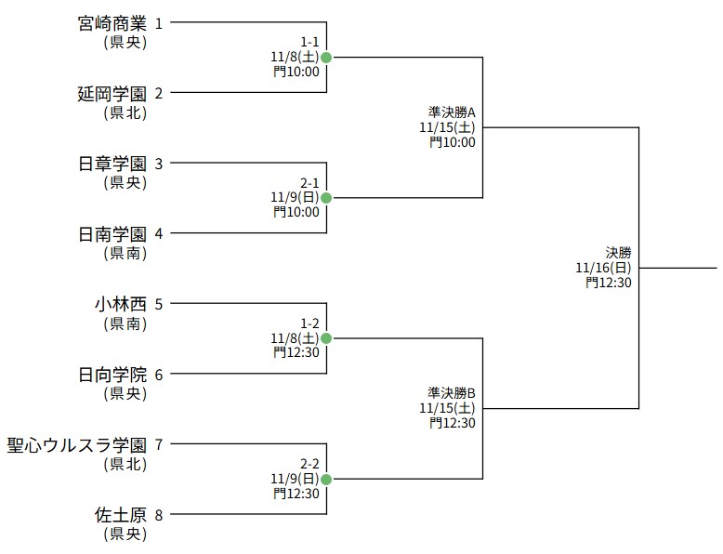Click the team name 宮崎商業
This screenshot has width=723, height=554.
tap(112, 23)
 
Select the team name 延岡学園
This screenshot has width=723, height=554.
tap(112, 93)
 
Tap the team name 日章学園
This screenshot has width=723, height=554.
tap(112, 164)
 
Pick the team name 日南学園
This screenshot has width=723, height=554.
tap(112, 233)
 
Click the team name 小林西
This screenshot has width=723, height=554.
tap(120, 304)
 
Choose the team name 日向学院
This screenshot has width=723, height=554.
tap(112, 375)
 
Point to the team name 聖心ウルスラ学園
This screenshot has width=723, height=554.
tap(76, 444)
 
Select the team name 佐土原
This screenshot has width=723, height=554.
tap(120, 515)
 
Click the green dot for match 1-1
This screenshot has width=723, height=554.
tap(326, 58)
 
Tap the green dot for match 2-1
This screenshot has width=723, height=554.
tap(326, 198)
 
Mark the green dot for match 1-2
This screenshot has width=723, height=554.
tap(326, 338)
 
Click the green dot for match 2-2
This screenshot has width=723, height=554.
tap(326, 479)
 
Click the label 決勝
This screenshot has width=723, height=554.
tap(618, 252)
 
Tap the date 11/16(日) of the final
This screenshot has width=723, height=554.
tap(603, 268)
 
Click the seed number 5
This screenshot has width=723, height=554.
tap(159, 304)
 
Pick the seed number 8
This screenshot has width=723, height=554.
tap(159, 515)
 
